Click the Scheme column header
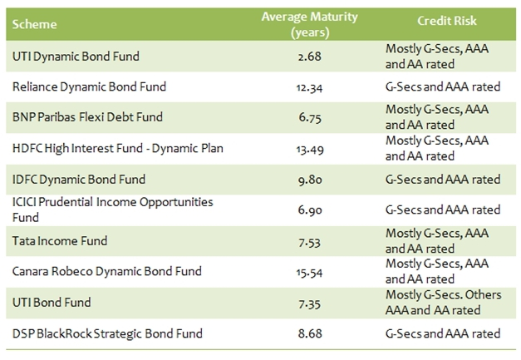(x=36, y=24)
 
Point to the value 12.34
(x=296, y=86)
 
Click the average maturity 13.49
(x=296, y=148)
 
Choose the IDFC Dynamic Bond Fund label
(x=79, y=179)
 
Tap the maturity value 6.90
(x=296, y=210)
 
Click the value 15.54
(x=296, y=272)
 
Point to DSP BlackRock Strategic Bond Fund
(x=107, y=333)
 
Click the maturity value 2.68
(x=296, y=56)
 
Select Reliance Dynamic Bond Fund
(x=90, y=86)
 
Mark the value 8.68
(x=296, y=333)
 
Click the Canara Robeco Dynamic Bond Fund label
(x=107, y=272)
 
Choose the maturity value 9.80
(x=296, y=179)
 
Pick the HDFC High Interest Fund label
(x=107, y=148)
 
